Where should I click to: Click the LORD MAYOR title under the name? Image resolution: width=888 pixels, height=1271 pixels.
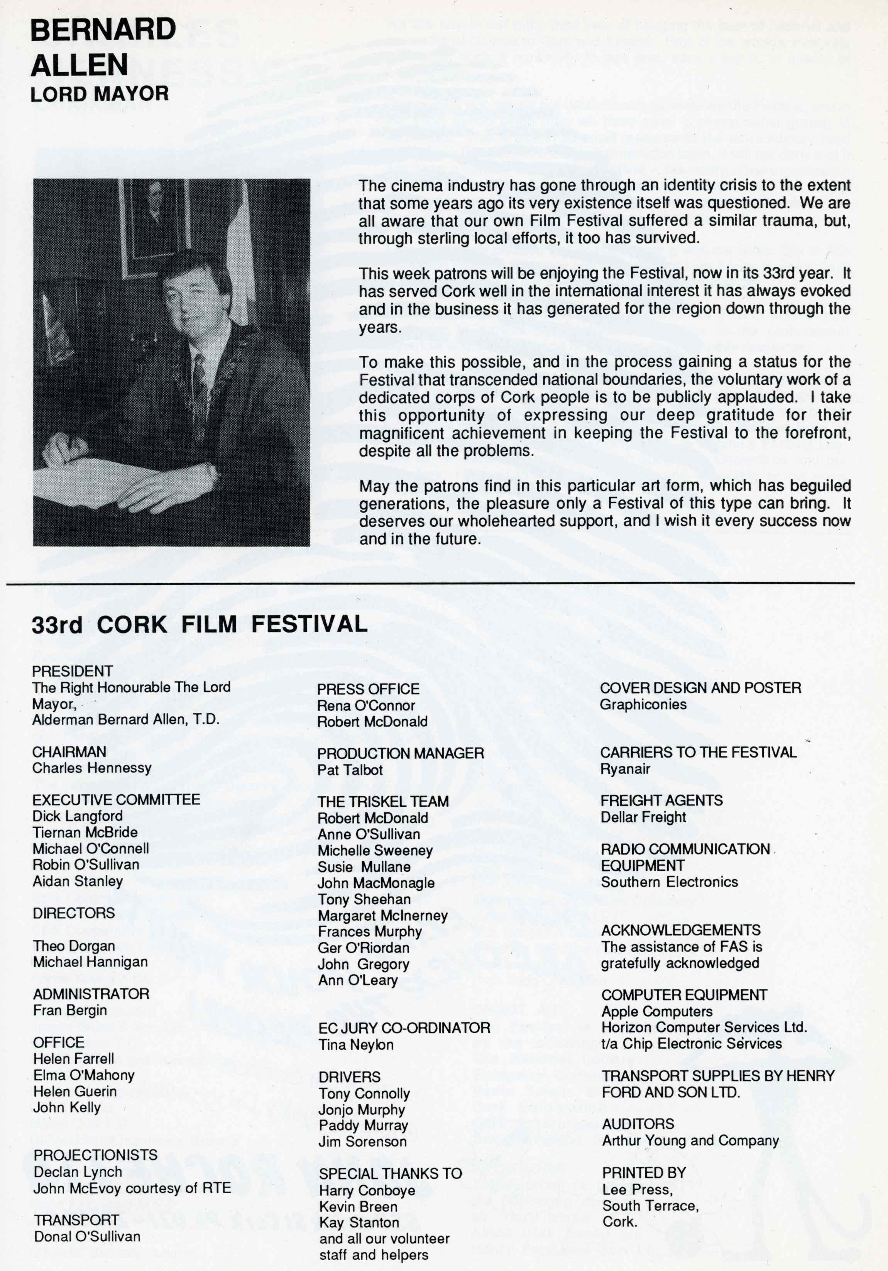(100, 93)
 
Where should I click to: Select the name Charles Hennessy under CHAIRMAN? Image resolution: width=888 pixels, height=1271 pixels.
(91, 768)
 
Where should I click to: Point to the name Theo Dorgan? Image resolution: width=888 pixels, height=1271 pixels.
(74, 946)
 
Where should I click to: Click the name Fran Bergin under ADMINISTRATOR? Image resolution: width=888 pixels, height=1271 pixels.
(70, 1010)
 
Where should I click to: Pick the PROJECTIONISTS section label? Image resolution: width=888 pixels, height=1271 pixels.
(95, 1155)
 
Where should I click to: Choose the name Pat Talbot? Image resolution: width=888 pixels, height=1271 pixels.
(350, 770)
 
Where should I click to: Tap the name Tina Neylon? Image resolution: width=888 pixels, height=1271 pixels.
(356, 1045)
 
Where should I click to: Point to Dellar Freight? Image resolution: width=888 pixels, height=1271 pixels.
(643, 817)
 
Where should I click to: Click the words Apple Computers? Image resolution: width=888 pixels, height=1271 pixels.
(657, 1011)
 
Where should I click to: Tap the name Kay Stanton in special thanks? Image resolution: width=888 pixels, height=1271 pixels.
(359, 1223)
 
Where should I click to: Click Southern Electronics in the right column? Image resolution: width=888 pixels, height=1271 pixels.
(669, 882)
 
